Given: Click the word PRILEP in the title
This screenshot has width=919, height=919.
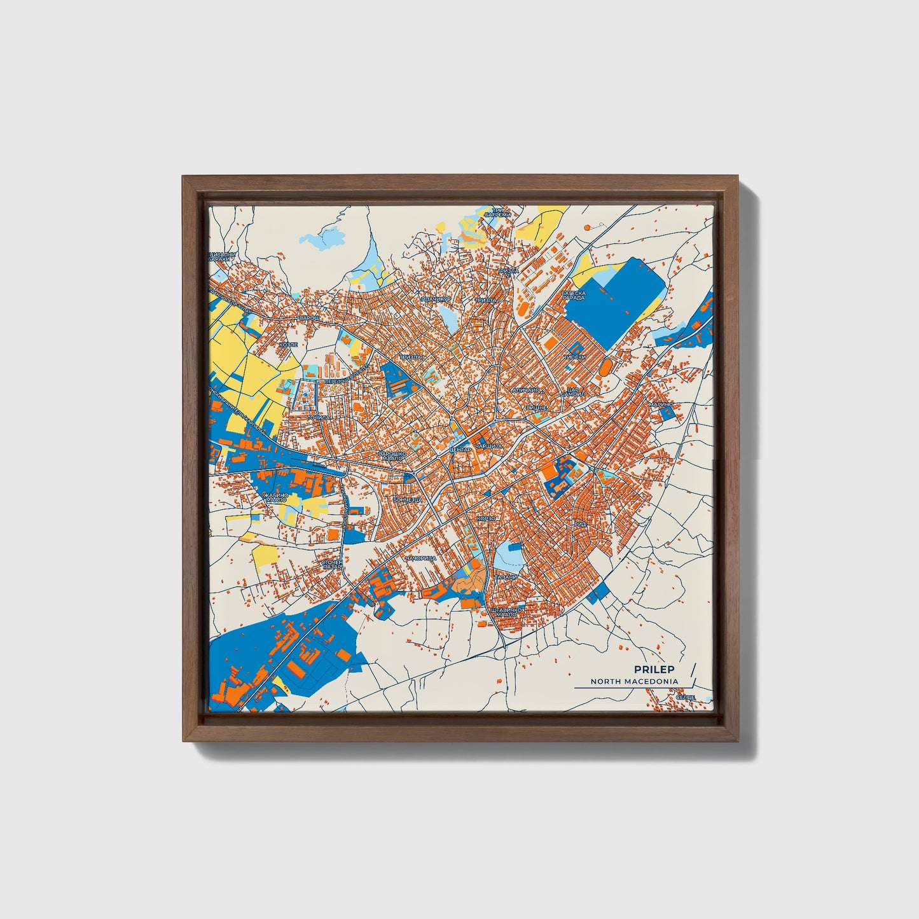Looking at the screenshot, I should (x=654, y=669).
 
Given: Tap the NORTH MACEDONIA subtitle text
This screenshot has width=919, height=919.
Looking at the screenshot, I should (x=633, y=681).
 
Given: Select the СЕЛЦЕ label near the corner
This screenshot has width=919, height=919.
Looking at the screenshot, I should (x=685, y=698).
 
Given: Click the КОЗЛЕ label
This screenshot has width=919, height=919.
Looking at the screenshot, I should (x=288, y=344).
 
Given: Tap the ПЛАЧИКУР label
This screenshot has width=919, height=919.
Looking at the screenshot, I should (x=436, y=298).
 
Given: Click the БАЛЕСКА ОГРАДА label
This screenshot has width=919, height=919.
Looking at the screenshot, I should (x=574, y=296).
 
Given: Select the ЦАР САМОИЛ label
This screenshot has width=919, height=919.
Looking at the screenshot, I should (x=568, y=392).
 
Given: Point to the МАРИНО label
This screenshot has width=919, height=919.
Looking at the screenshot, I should (x=660, y=404).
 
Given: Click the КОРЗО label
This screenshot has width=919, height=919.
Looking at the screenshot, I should (x=487, y=518).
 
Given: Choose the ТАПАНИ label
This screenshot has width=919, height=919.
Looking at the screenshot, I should (x=506, y=577).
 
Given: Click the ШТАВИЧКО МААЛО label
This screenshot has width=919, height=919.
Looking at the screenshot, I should (x=507, y=612).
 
